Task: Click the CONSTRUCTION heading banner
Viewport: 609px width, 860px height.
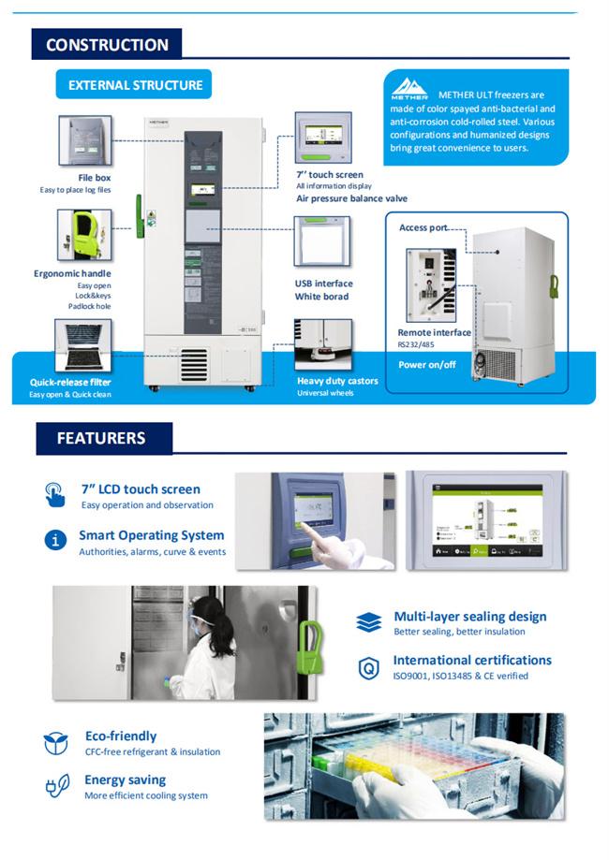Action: (x=107, y=44)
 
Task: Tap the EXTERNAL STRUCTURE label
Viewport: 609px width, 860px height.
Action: (x=135, y=85)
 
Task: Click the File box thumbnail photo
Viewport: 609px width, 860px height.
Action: (x=85, y=141)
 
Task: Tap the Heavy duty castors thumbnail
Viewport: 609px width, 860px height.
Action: (x=323, y=344)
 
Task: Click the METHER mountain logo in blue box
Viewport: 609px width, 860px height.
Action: (x=408, y=87)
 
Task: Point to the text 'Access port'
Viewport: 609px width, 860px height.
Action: (x=423, y=227)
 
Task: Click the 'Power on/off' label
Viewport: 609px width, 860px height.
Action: (x=427, y=364)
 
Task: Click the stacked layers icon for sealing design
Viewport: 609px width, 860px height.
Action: (x=369, y=622)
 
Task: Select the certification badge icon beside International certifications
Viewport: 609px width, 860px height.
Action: (x=369, y=667)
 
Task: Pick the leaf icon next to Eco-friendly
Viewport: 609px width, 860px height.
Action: (x=56, y=743)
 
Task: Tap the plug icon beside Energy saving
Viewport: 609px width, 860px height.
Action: (x=56, y=786)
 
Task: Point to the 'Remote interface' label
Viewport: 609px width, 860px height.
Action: (x=434, y=332)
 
